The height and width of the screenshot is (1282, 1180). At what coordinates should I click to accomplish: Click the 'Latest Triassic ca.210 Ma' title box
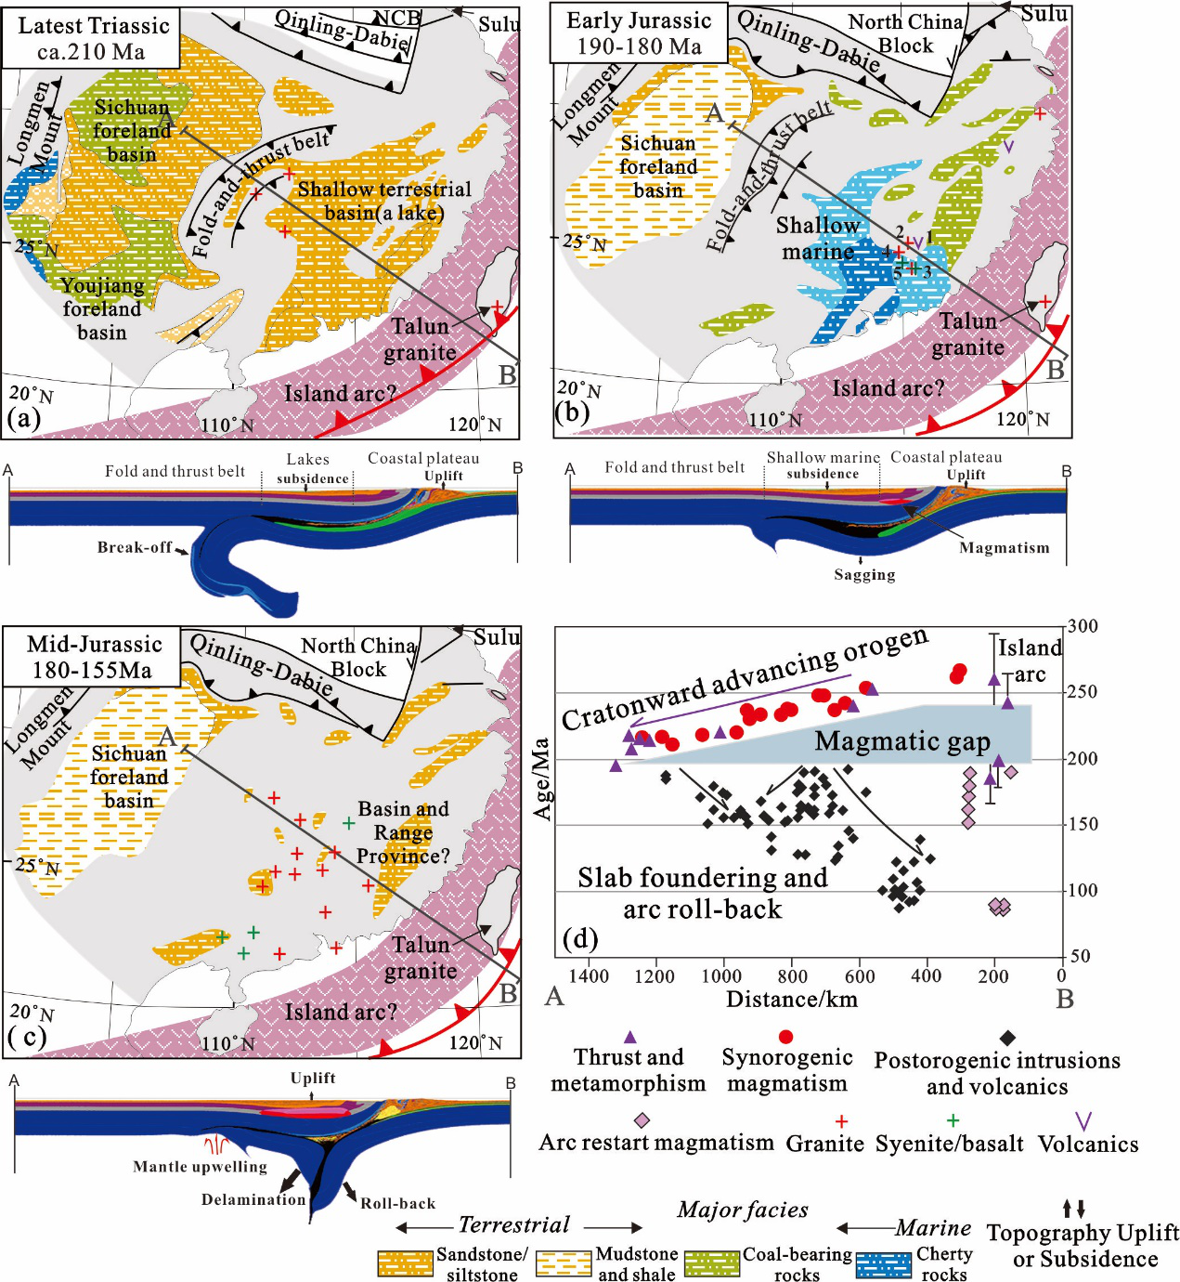pyautogui.click(x=91, y=38)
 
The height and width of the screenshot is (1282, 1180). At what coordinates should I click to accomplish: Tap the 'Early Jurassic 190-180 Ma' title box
pyautogui.click(x=639, y=33)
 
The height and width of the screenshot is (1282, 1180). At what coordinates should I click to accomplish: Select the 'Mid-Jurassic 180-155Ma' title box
pyautogui.click(x=93, y=657)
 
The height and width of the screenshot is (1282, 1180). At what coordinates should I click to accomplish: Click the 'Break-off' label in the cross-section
pyautogui.click(x=135, y=547)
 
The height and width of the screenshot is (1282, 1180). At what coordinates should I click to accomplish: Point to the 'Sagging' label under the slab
pyautogui.click(x=864, y=575)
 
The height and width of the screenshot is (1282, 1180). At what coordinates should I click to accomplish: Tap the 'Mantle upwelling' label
pyautogui.click(x=200, y=1167)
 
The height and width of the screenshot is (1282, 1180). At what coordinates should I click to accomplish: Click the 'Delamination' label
pyautogui.click(x=253, y=1199)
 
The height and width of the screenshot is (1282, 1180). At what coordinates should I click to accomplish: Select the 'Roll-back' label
pyautogui.click(x=397, y=1203)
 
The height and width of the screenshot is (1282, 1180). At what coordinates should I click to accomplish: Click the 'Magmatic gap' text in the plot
pyautogui.click(x=902, y=741)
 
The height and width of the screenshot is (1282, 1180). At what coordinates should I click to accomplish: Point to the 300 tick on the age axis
pyautogui.click(x=1083, y=626)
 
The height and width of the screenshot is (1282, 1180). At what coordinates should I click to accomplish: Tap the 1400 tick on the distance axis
pyautogui.click(x=589, y=975)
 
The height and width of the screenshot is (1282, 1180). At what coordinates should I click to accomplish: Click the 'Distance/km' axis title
pyautogui.click(x=792, y=1000)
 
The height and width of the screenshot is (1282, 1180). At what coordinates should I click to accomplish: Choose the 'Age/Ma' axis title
pyautogui.click(x=542, y=778)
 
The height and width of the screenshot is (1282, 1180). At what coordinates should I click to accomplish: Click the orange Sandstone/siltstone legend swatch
pyautogui.click(x=406, y=1263)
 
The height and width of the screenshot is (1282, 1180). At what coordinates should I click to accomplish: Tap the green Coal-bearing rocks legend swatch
pyautogui.click(x=712, y=1263)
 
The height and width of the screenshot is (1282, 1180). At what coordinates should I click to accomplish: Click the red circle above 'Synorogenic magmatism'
pyautogui.click(x=786, y=1037)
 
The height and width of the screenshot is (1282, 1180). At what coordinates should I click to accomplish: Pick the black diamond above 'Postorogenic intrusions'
pyautogui.click(x=1007, y=1038)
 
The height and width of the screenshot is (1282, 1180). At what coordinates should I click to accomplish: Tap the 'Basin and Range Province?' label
pyautogui.click(x=403, y=832)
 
